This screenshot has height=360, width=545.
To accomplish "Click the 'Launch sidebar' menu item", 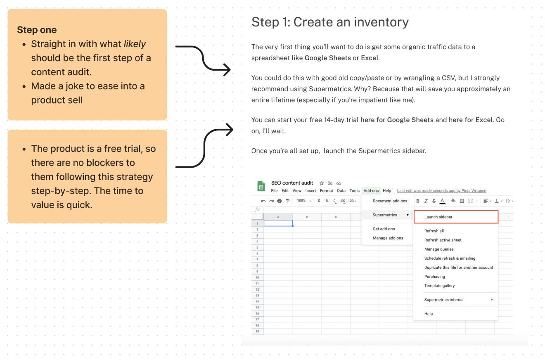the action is point(438,217).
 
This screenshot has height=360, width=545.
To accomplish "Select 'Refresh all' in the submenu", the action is point(434,231).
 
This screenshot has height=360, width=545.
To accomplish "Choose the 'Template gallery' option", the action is point(439,286).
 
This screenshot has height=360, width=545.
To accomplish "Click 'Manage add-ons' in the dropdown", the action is point(388,238).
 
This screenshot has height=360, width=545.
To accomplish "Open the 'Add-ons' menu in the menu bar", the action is point(371,190).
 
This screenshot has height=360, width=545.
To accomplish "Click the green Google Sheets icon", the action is point(261,186).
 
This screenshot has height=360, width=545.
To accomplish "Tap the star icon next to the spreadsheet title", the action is point(321,183).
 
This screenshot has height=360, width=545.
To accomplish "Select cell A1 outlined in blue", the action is point(278,223).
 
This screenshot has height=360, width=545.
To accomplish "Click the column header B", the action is point(307,217).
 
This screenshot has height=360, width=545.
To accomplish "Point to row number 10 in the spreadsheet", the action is point(257,277).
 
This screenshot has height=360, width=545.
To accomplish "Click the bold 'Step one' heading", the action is point(37,30).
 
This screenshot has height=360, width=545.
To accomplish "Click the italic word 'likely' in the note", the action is point(135,44).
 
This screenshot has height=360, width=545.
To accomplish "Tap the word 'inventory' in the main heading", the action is point(381,22).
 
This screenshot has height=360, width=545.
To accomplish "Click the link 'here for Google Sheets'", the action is point(397,120).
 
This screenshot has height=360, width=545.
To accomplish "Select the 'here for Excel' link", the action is point(471,120).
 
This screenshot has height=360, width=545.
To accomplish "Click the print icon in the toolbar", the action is point(279,201).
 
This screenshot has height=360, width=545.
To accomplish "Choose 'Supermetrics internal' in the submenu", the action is point(443,299).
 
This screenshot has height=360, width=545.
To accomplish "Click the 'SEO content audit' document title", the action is point(292,182).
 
